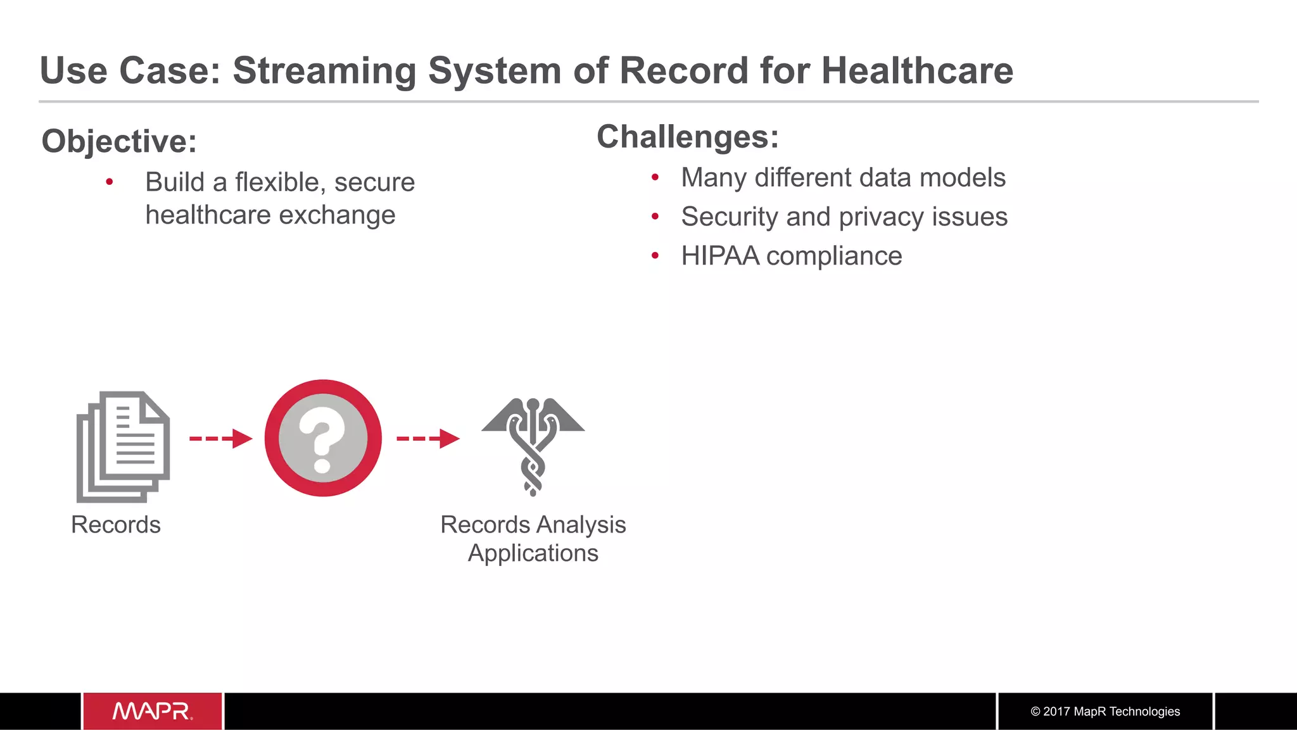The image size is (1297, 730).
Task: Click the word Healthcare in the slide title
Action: point(917,70)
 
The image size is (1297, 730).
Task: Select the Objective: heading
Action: point(119,141)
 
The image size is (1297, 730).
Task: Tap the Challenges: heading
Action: point(688,137)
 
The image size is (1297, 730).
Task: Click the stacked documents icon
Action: point(123,446)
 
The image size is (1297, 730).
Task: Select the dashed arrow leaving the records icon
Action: point(220,438)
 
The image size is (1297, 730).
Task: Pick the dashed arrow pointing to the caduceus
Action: point(427,438)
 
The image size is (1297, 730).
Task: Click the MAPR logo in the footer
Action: point(153,712)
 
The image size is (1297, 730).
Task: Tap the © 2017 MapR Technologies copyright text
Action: point(1105,712)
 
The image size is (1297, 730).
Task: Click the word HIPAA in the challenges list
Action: point(720,256)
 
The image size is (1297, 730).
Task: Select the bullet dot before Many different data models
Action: point(655,177)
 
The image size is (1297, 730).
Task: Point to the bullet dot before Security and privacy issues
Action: point(655,217)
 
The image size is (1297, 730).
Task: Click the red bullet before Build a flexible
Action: point(110,182)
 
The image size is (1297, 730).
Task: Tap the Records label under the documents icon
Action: point(116,525)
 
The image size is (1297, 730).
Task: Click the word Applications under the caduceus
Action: point(533,553)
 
